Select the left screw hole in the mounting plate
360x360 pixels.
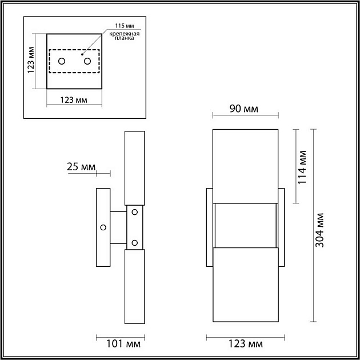62,61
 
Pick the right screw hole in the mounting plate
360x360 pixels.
87,61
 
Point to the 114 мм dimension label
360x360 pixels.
303,166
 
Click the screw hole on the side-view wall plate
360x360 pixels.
103,227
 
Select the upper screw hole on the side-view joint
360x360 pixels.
135,212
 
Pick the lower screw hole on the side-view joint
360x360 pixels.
135,243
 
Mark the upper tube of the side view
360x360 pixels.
134,167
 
